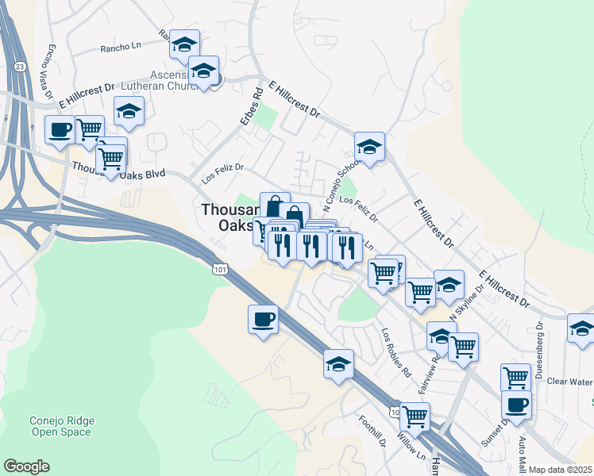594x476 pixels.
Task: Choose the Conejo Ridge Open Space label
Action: [61, 426]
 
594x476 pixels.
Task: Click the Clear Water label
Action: [570, 381]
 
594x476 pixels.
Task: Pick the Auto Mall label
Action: [522, 453]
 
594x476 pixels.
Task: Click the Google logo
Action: [26, 466]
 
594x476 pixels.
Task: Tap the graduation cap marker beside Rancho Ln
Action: [184, 44]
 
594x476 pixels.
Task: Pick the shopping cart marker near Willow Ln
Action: [415, 416]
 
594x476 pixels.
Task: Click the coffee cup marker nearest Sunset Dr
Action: [516, 405]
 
